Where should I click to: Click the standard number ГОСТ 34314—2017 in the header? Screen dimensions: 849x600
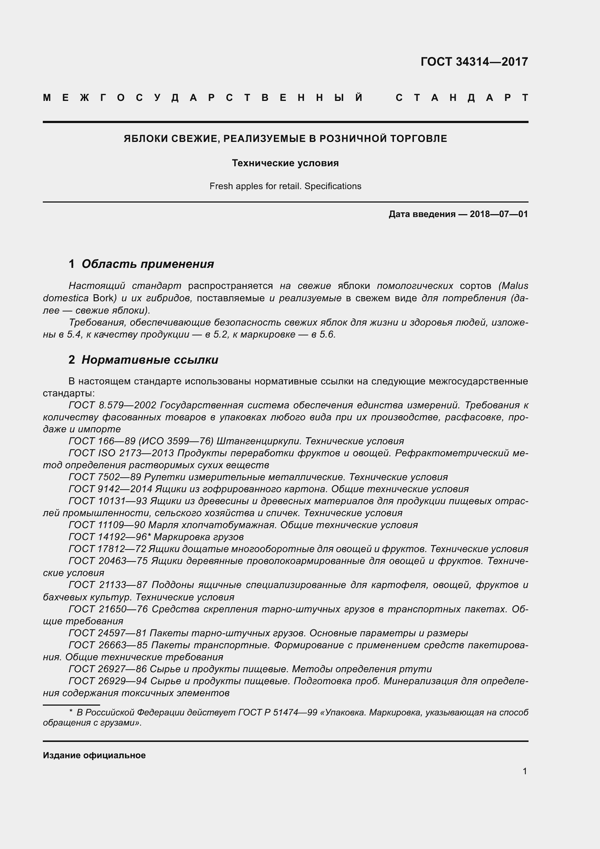point(474,62)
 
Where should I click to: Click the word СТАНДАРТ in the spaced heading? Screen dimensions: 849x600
point(462,98)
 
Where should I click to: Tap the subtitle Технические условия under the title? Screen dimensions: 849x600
point(285,163)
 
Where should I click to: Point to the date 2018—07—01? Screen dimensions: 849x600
point(499,214)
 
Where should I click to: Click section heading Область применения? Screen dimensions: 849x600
point(147,264)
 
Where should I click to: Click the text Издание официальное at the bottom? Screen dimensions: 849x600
point(94,755)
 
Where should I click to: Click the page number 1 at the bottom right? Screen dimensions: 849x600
point(525,771)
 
